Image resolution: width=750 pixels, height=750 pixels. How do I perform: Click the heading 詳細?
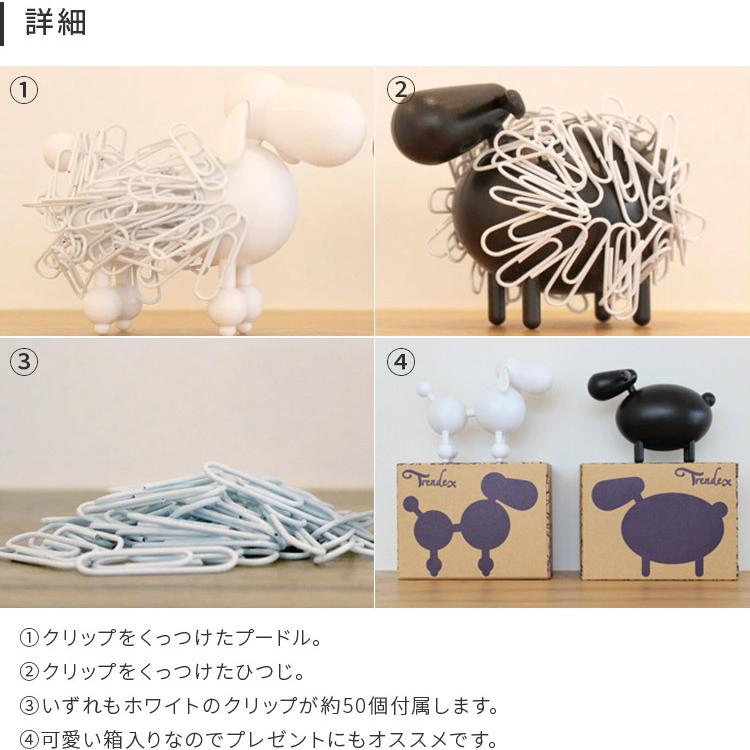(x=56, y=23)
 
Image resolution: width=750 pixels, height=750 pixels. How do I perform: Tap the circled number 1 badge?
(x=24, y=91)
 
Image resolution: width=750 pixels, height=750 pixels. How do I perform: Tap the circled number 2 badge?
(x=400, y=91)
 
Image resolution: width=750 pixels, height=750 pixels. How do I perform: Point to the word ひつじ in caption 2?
(x=274, y=672)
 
